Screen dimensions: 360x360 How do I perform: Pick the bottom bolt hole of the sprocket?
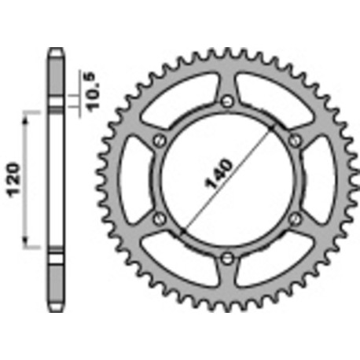227,257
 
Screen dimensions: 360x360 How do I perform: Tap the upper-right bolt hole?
296,140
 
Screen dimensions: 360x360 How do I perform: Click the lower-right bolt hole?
296,218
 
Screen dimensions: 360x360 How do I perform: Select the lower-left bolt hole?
160,218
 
